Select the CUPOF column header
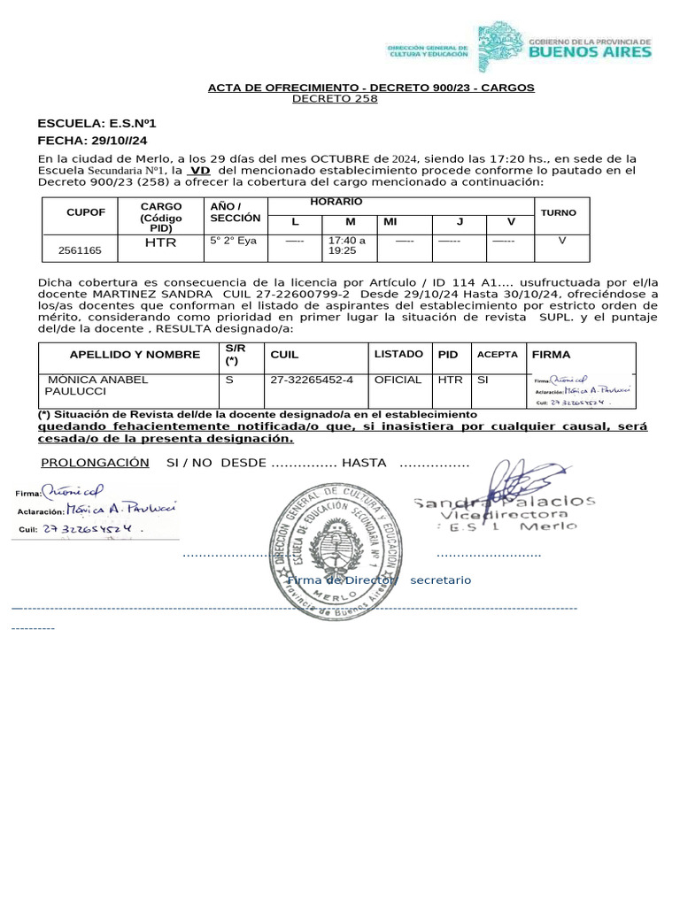coord(86,212)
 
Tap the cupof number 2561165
coord(80,250)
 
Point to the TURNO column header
coord(558,212)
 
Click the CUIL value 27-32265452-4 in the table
coord(312,380)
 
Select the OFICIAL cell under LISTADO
coord(398,380)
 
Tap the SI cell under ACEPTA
coord(483,380)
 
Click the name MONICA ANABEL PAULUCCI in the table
coord(97,385)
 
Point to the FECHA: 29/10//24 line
coord(92,141)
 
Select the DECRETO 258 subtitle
coord(335,99)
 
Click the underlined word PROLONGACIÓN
coord(96,463)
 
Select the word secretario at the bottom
coord(440,580)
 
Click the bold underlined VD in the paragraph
coord(201,169)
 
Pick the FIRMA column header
coord(551,354)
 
